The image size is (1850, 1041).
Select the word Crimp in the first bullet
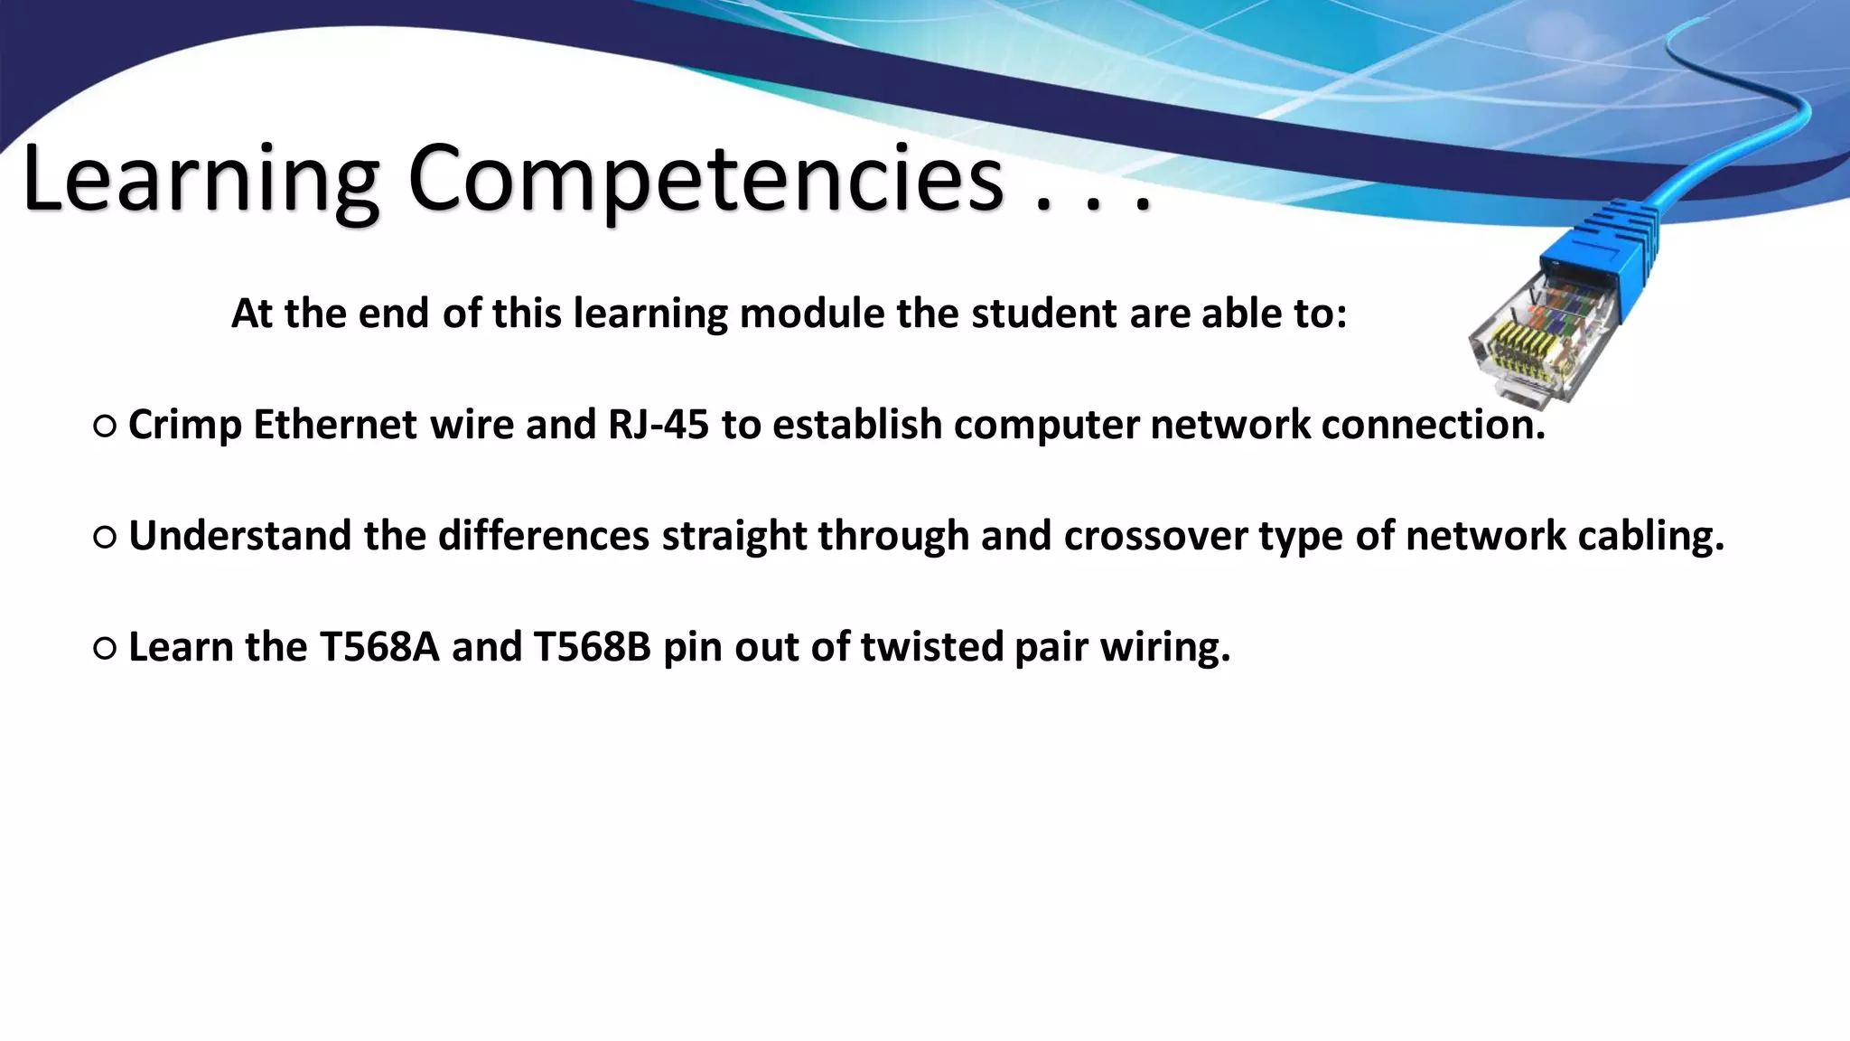[x=184, y=425]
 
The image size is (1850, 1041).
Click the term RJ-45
[x=659, y=425]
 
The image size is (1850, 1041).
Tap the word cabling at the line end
[x=1650, y=536]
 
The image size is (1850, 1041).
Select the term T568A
[x=379, y=647]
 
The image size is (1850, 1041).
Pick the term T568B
[x=593, y=647]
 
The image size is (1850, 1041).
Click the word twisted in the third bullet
[x=931, y=647]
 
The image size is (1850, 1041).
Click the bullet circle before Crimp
[x=105, y=427]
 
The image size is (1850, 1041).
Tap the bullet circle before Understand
[x=105, y=539]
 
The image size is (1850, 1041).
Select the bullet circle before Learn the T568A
[x=105, y=649]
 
